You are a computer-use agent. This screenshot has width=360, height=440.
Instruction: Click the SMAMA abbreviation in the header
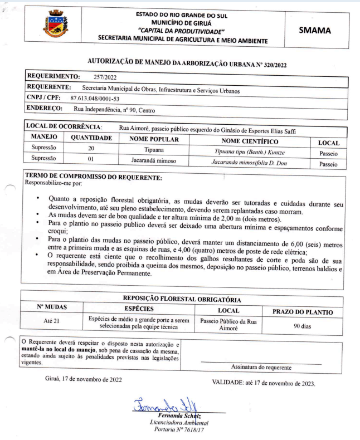click(315, 30)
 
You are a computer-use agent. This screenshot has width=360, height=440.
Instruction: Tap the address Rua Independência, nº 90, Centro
click(111, 109)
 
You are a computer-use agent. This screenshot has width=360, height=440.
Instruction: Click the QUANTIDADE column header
click(90, 138)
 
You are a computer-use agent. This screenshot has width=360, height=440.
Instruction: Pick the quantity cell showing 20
click(91, 148)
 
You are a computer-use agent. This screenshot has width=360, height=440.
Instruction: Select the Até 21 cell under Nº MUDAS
click(51, 321)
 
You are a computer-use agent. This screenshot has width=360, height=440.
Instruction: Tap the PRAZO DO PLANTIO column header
click(302, 311)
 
